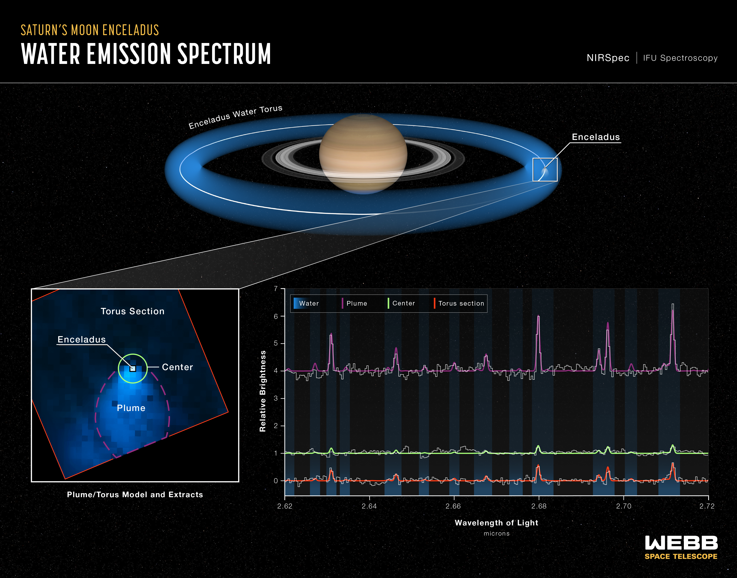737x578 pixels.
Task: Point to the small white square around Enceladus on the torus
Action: pyautogui.click(x=545, y=170)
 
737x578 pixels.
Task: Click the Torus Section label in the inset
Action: pyautogui.click(x=132, y=311)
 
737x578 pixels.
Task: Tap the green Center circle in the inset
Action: pyautogui.click(x=133, y=368)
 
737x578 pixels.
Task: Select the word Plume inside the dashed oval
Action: pyautogui.click(x=131, y=408)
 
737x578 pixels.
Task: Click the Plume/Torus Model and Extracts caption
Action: pyautogui.click(x=135, y=494)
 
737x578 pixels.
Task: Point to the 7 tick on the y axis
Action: pyautogui.click(x=276, y=289)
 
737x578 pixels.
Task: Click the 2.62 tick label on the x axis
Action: pyautogui.click(x=285, y=506)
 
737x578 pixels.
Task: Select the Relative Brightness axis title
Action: pyautogui.click(x=263, y=391)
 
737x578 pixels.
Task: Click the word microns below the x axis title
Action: pyautogui.click(x=496, y=534)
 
